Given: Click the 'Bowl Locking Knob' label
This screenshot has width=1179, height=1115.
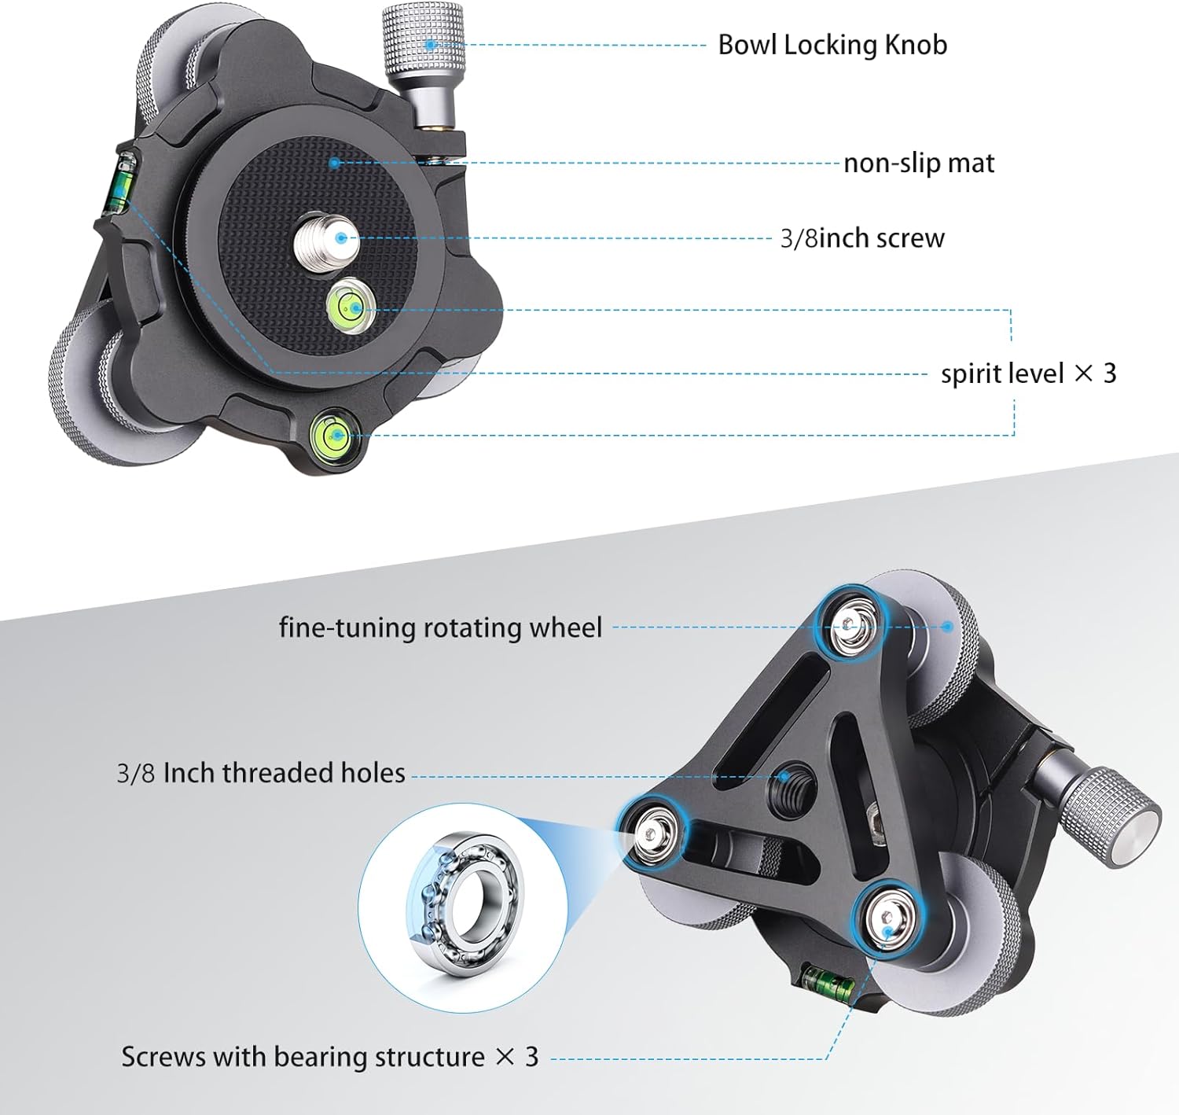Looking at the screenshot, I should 832,45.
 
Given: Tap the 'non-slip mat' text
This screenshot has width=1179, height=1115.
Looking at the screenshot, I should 919,163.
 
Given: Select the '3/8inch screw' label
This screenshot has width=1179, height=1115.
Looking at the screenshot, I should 862,237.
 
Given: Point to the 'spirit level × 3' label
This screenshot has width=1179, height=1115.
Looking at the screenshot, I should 1028,373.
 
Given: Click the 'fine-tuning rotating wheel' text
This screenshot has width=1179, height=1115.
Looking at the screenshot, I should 440,627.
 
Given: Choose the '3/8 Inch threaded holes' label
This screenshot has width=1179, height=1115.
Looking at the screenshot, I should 261,773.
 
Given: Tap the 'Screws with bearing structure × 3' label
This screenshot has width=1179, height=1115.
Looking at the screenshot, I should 329,1056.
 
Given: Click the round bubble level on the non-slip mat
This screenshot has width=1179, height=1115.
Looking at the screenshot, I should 347,305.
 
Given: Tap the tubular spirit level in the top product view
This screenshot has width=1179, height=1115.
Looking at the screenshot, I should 120,184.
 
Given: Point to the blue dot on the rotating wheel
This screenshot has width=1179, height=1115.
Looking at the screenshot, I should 948,627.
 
